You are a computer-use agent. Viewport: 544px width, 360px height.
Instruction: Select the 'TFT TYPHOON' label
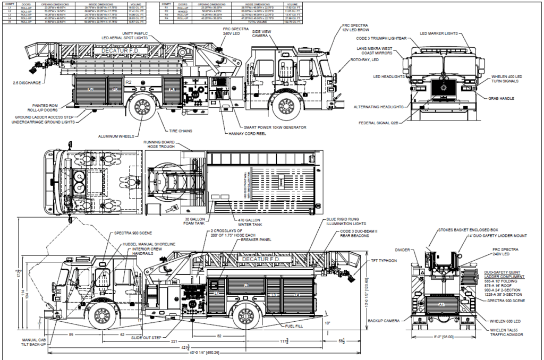pos(379,261)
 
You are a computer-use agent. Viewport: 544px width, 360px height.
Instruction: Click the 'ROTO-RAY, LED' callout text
pos(364,60)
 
